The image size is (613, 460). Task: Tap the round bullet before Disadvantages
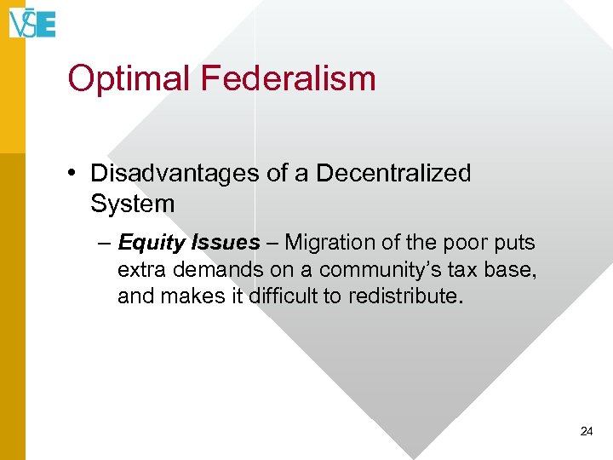point(76,174)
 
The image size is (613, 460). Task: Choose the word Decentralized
point(393,173)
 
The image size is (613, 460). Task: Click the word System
point(132,204)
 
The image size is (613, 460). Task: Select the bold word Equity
point(152,243)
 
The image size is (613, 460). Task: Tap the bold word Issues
point(226,243)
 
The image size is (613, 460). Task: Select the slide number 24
point(586,432)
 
